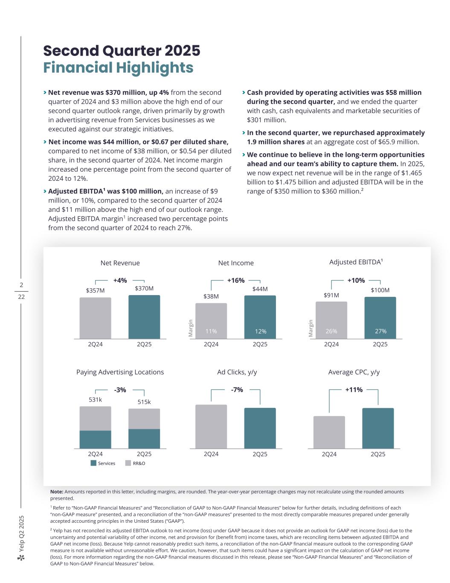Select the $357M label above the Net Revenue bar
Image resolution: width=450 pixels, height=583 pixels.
coord(95,290)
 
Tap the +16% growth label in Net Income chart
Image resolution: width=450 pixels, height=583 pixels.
coord(236,280)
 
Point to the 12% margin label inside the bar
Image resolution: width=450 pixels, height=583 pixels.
coord(260,331)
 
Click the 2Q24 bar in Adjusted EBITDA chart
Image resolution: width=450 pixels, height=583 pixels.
coord(331,320)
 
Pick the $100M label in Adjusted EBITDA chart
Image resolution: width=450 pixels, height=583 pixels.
coord(380,290)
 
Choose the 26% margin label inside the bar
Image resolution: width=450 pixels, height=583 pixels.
coord(331,331)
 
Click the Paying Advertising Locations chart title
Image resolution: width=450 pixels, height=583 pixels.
coord(120,372)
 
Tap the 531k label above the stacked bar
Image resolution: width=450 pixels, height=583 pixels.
coord(95,400)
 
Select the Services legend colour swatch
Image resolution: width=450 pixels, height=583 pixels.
coord(93,463)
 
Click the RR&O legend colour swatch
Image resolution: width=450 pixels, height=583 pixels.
coord(128,463)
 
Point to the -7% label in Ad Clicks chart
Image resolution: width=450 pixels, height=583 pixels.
coord(237,390)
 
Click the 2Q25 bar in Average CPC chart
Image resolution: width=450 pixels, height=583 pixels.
coord(378,428)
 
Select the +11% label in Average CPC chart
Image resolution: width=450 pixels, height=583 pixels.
coord(354,390)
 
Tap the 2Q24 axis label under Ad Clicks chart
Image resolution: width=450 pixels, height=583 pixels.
coord(211,454)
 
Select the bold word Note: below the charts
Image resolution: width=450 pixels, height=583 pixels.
coord(57,492)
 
